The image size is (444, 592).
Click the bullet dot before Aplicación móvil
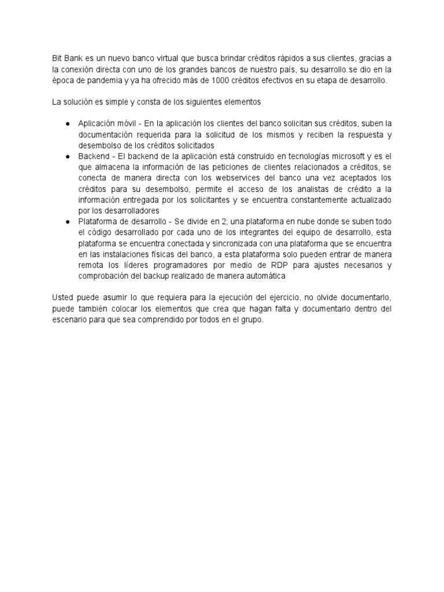click(68, 124)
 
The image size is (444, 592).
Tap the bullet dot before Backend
click(68, 157)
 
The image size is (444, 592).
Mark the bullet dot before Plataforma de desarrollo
click(68, 222)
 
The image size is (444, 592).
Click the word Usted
click(62, 298)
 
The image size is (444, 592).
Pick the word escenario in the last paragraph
click(71, 320)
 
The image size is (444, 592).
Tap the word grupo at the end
click(251, 320)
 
